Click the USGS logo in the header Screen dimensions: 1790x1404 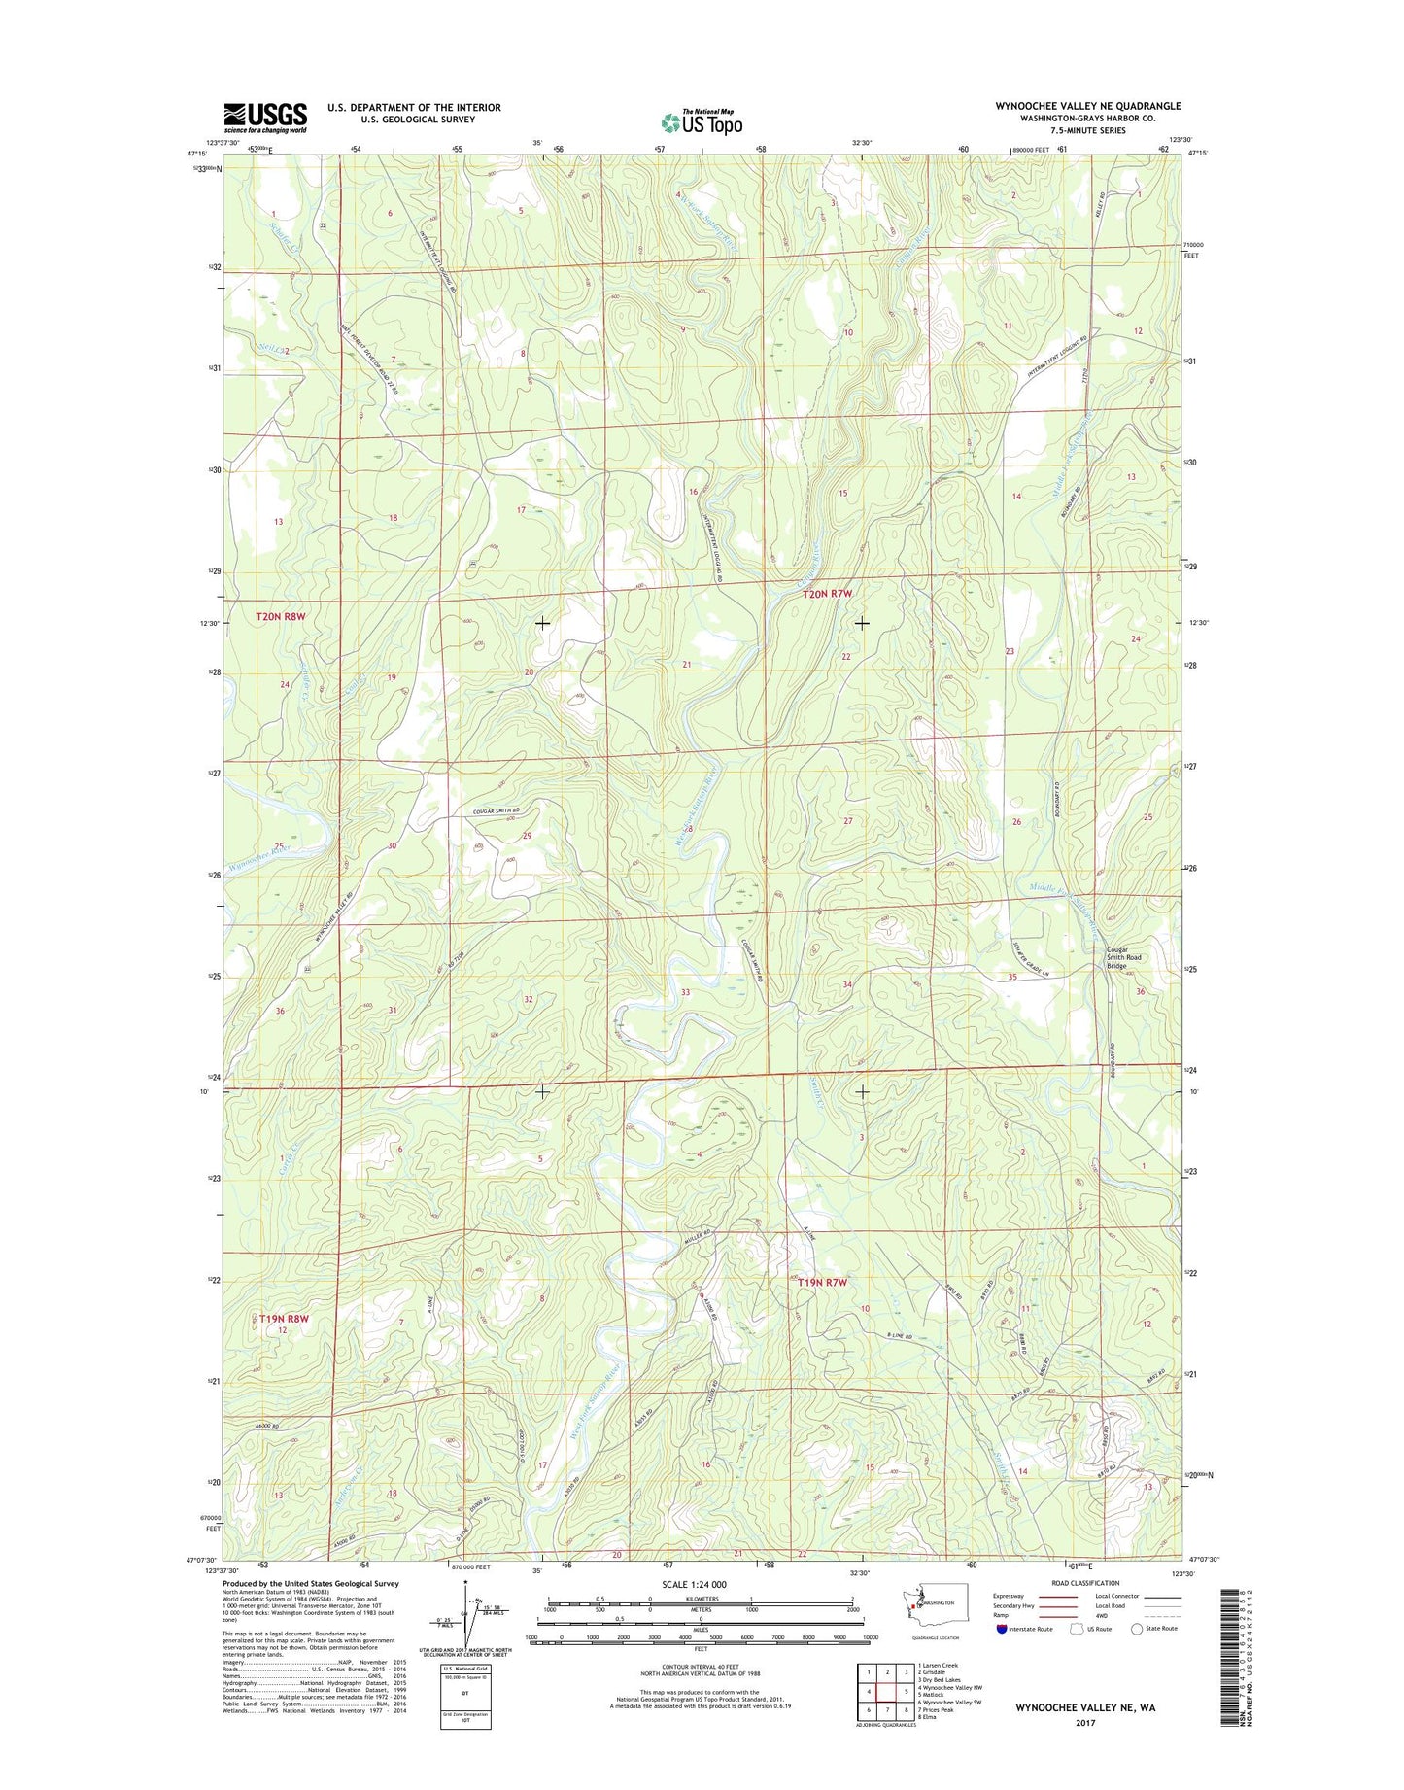pos(264,118)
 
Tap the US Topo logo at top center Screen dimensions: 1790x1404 pos(702,122)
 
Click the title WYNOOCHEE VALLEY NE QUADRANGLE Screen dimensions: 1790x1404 pos(1087,106)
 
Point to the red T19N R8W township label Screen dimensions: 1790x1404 pos(284,1319)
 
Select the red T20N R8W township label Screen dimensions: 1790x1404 pos(281,616)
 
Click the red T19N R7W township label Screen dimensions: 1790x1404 pos(822,1283)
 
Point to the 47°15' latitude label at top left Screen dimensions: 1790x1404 pos(197,154)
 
